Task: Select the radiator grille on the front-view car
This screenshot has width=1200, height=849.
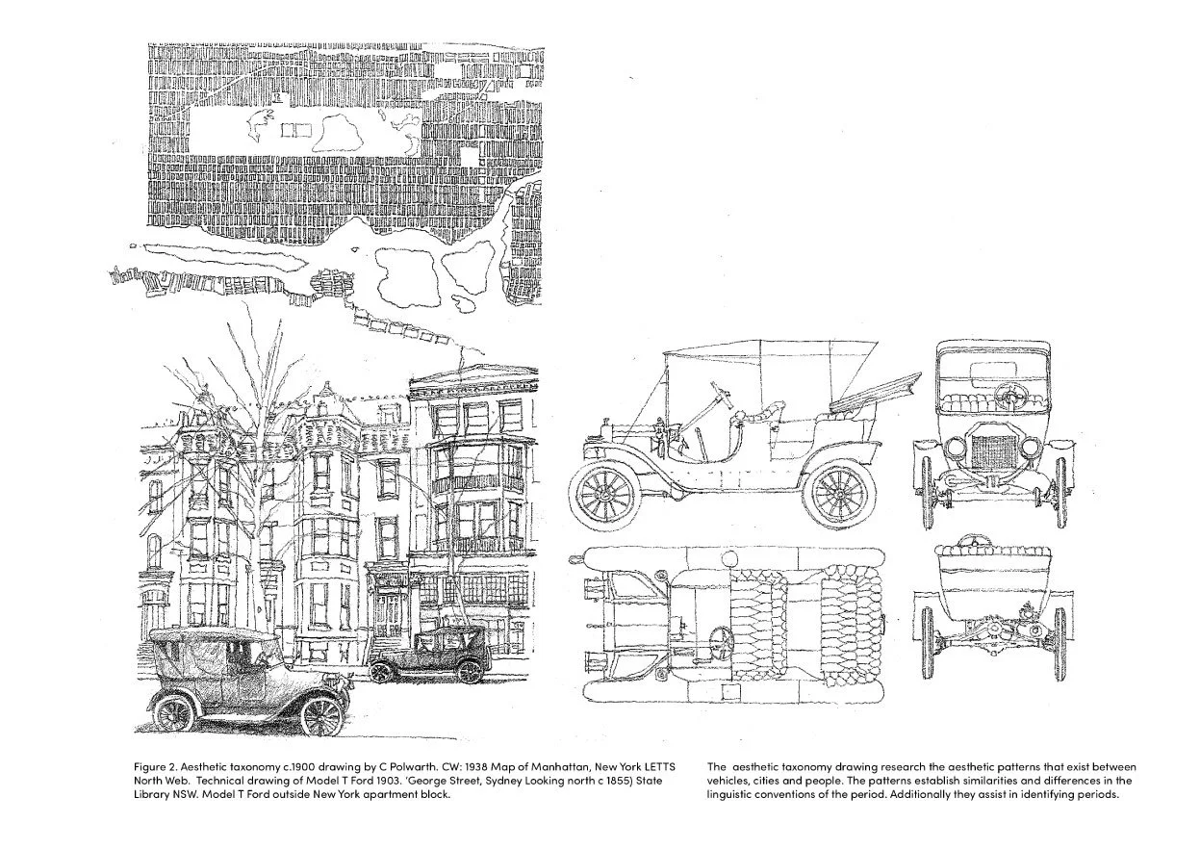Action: click(x=991, y=451)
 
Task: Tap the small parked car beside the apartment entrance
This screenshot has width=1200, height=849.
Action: click(x=428, y=655)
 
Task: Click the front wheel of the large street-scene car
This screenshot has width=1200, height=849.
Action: click(x=321, y=714)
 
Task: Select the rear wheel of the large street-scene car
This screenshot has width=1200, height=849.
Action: click(x=174, y=713)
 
